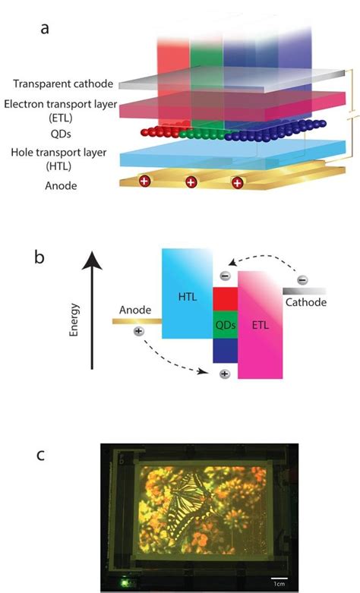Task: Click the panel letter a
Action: (x=46, y=29)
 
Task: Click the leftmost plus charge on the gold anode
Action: (x=144, y=181)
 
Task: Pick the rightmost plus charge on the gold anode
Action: (x=238, y=182)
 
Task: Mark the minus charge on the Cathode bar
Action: (x=302, y=280)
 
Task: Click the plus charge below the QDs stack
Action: (x=224, y=374)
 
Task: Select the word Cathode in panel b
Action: (x=305, y=302)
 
